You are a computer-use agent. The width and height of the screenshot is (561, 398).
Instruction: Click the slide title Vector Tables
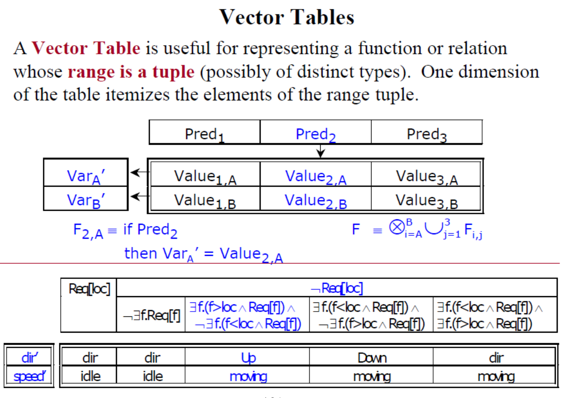[x=287, y=17]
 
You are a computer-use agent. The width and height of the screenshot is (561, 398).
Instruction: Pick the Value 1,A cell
[x=205, y=176]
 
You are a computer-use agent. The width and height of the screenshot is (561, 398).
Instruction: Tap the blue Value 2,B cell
[x=315, y=199]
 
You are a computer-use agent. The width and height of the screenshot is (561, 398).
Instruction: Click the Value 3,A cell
[x=426, y=176]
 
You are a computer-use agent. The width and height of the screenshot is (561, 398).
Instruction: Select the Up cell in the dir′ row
[x=248, y=358]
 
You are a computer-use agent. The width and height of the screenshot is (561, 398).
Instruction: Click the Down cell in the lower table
[x=372, y=358]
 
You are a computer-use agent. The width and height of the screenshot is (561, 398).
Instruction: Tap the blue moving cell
[x=248, y=376]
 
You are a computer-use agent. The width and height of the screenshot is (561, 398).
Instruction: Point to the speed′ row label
[x=29, y=376]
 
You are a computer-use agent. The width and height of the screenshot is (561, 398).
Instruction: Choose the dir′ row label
[x=29, y=358]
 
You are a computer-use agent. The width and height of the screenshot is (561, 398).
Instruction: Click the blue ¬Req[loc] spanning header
[x=337, y=288]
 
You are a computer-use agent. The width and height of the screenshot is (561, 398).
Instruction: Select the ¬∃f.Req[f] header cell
[x=151, y=316]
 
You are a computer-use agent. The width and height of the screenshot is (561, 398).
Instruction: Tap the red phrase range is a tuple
[x=131, y=72]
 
